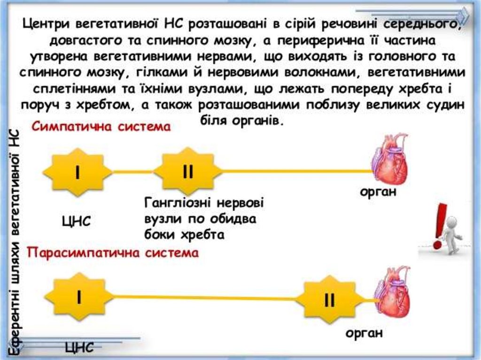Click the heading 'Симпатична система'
101,127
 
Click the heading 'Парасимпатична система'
113,253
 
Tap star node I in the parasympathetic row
79,297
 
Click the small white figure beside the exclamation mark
452,235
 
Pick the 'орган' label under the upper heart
379,192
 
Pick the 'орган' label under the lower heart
365,333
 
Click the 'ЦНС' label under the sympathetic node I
76,221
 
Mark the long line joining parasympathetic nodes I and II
207,296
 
